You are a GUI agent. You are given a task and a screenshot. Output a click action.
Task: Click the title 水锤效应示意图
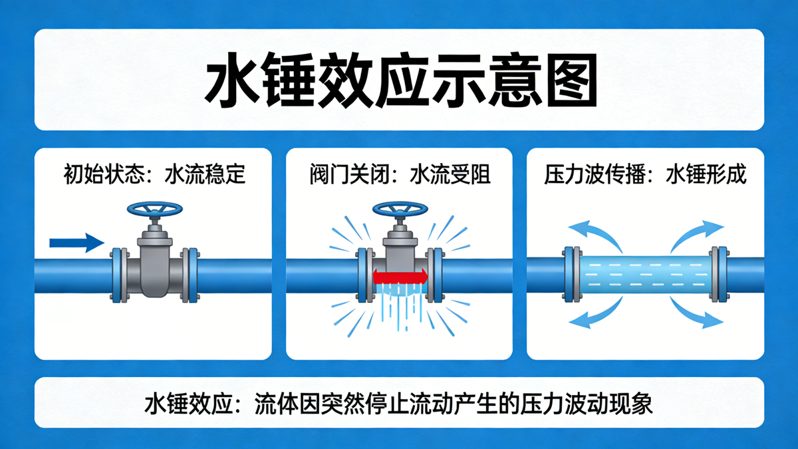pos(400,80)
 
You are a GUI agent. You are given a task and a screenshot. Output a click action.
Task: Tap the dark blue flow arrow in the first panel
pos(76,243)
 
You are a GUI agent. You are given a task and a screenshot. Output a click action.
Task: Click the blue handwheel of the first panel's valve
pos(155,209)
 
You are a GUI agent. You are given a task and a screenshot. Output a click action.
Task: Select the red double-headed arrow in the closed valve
pos(400,276)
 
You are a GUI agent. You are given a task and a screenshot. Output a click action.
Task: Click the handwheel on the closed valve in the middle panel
pos(400,209)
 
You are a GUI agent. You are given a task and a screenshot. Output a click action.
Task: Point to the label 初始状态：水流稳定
pos(154,174)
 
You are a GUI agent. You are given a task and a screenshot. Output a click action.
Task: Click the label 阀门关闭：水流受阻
pos(400,174)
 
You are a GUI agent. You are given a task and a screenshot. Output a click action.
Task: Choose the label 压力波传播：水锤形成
pos(645,174)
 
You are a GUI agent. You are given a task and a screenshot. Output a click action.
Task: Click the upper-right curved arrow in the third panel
pos(696,232)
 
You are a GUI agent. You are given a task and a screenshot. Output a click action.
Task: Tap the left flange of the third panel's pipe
pos(572,274)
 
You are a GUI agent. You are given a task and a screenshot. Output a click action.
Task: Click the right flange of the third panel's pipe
pos(720,274)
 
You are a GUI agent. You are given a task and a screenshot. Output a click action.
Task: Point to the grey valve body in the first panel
pos(154,263)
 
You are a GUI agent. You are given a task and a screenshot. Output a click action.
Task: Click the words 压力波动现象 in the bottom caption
pos(587,404)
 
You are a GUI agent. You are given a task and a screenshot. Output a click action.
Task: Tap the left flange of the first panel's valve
pos(120,275)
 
